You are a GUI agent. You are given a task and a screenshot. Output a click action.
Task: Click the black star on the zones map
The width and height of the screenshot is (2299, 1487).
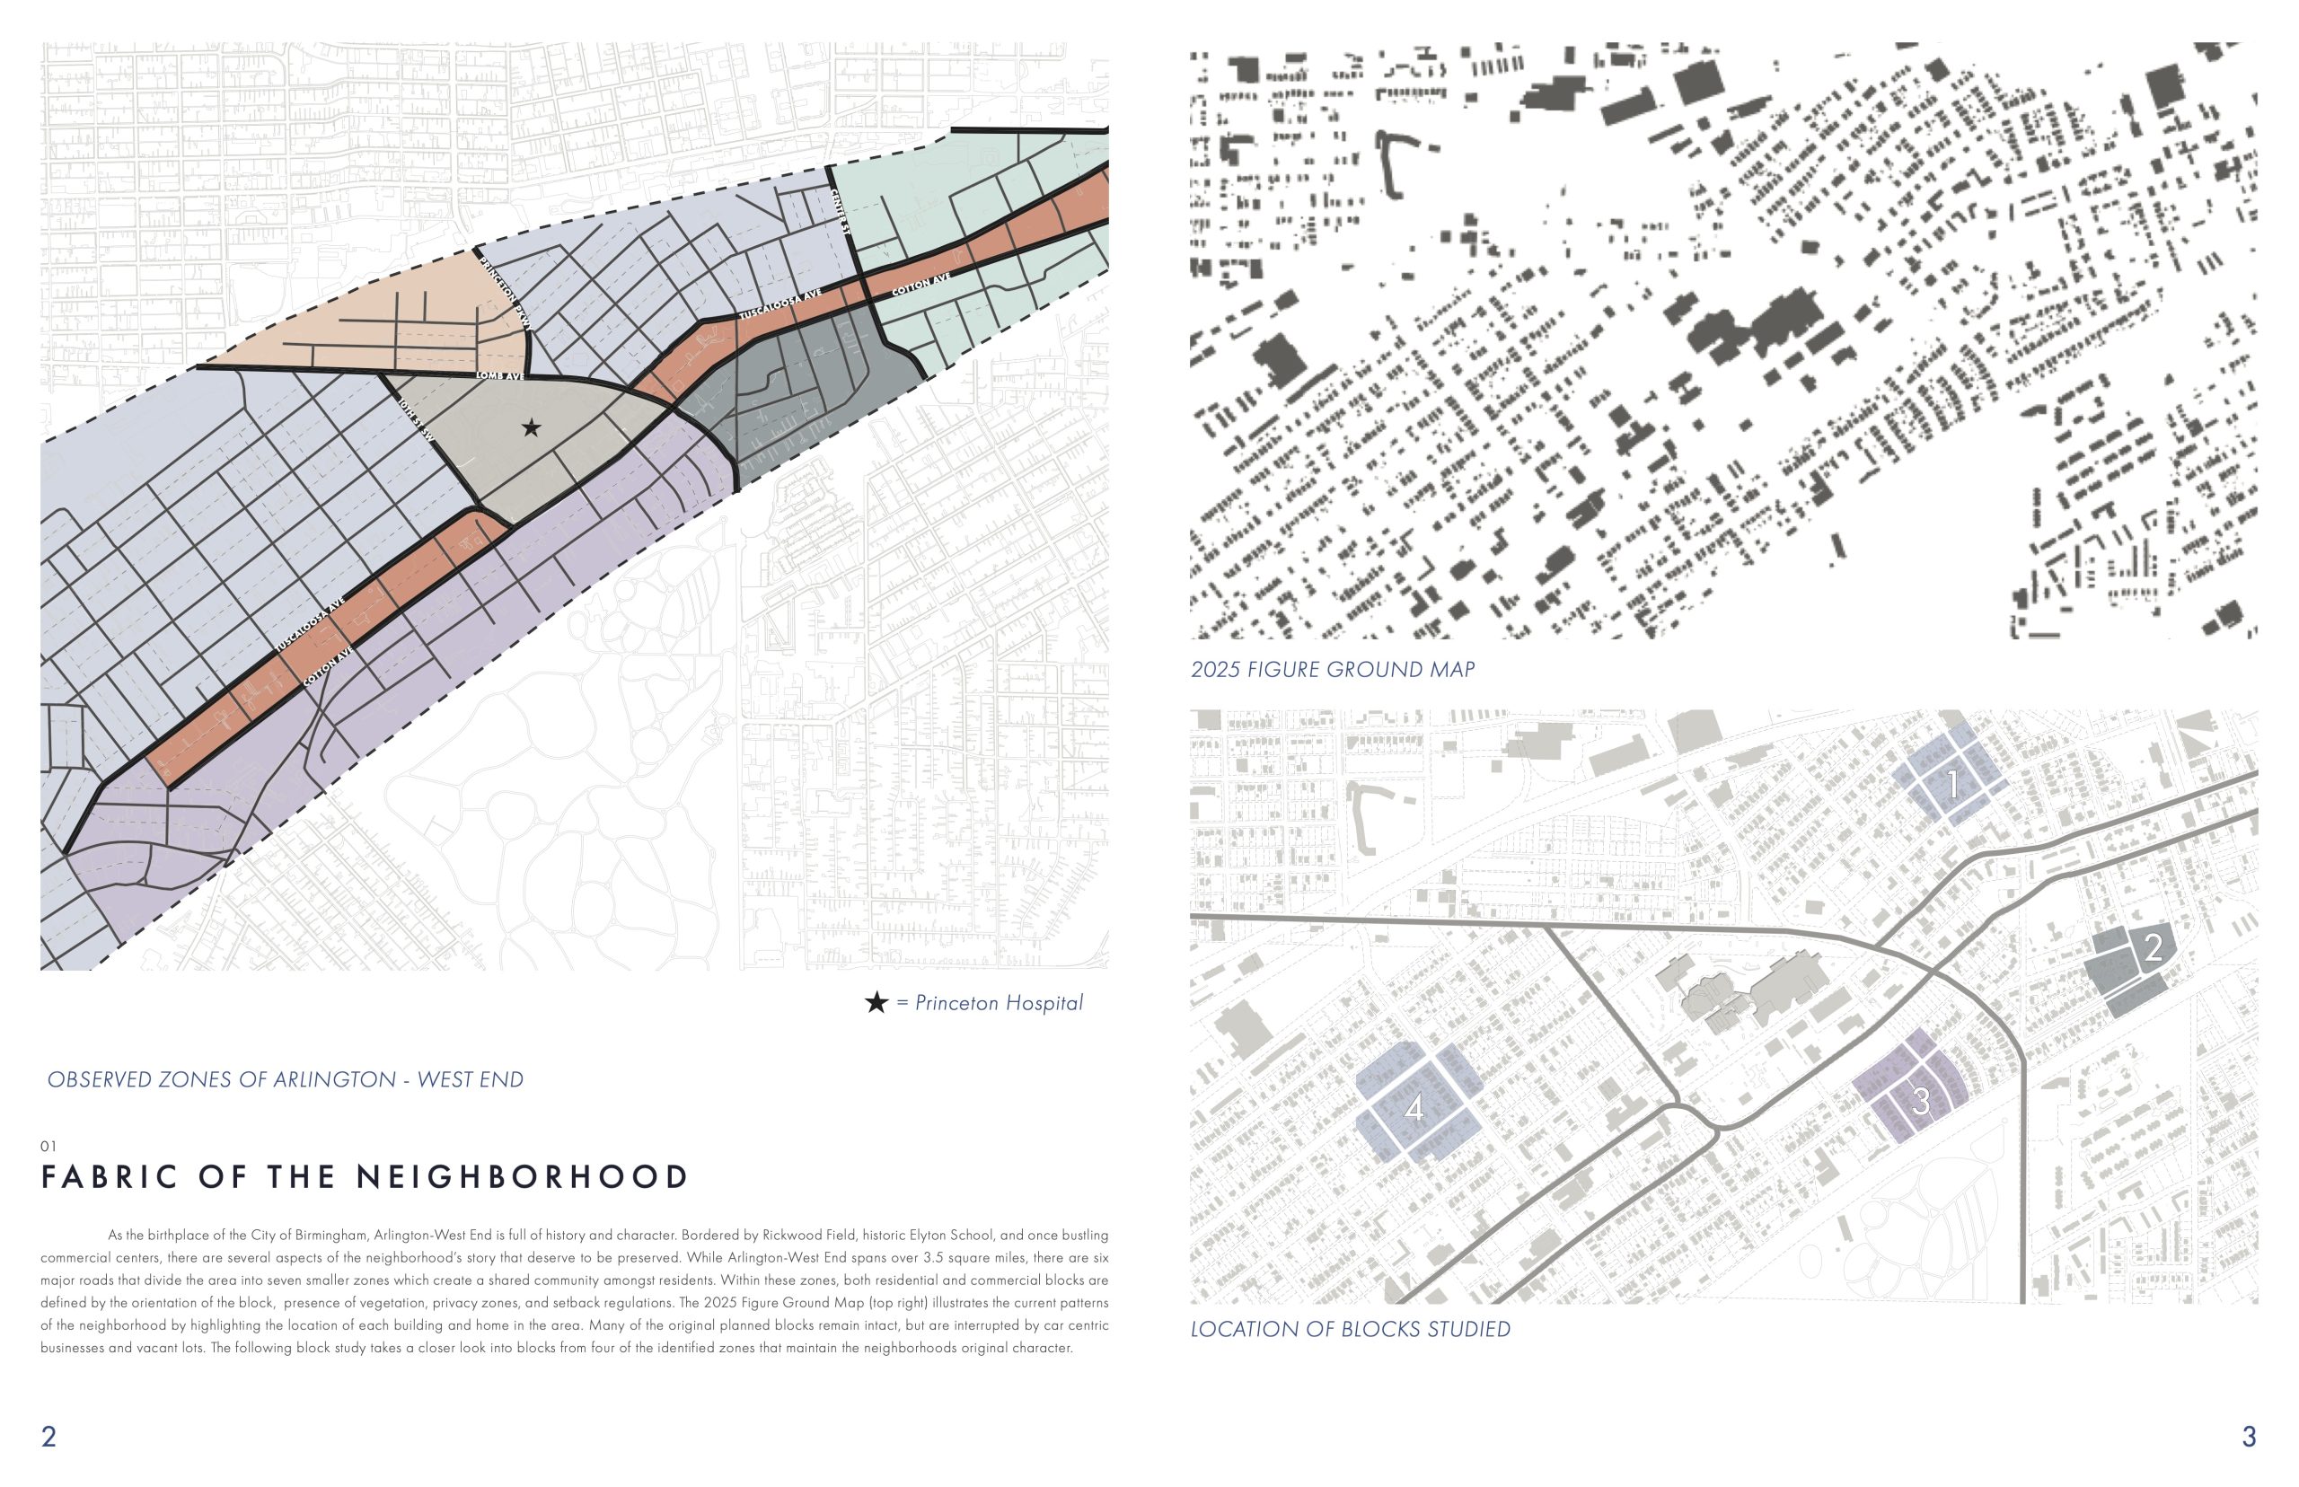click(531, 427)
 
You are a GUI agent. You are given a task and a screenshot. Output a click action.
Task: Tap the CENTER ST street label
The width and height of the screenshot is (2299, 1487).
click(840, 210)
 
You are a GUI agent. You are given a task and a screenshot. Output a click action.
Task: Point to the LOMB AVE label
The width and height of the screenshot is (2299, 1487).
click(500, 375)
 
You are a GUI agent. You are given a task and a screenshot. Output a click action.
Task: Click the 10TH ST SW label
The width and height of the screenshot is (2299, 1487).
click(416, 422)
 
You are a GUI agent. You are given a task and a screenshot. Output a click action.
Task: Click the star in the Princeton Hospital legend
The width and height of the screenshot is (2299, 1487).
click(876, 1002)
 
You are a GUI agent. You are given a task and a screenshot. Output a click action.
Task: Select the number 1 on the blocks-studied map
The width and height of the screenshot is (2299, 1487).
click(1952, 785)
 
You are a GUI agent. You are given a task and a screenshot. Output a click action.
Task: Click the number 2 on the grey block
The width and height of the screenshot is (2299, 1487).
click(2153, 948)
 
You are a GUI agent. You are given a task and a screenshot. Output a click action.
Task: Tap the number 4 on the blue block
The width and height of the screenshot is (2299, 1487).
click(1414, 1108)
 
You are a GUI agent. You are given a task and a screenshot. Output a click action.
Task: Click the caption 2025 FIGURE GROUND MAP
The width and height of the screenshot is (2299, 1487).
click(1332, 669)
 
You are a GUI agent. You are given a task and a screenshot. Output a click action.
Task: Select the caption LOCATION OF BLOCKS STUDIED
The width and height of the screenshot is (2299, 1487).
click(1349, 1330)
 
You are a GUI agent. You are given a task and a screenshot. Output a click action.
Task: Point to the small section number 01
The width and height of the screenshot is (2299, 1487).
click(48, 1146)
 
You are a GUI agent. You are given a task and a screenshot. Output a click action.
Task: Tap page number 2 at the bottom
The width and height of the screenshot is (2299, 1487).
click(48, 1436)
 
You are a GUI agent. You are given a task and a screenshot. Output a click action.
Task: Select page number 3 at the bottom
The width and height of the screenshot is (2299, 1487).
click(2248, 1436)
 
